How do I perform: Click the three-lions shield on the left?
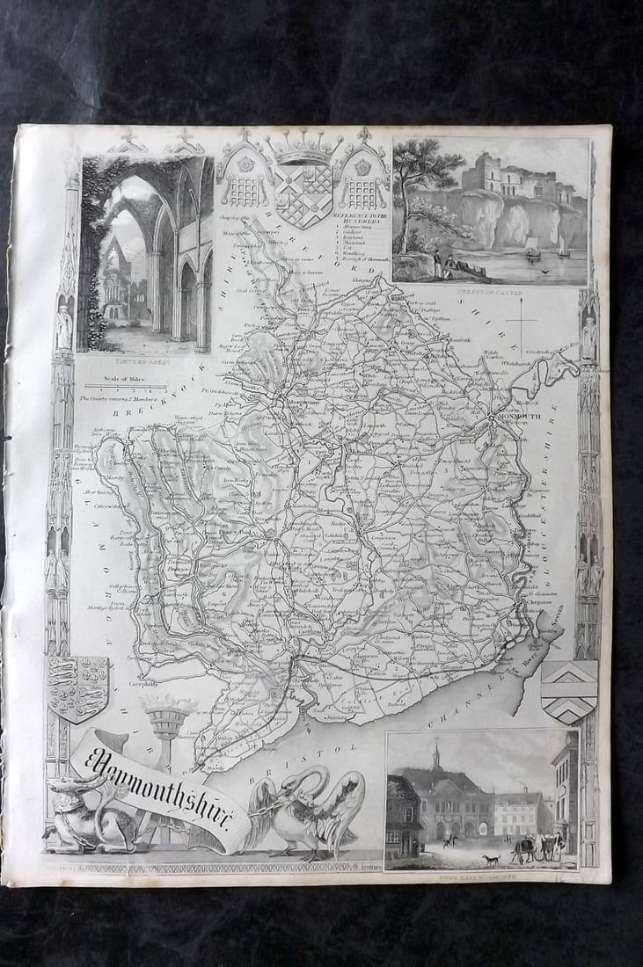point(77,687)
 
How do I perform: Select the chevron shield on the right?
point(568,691)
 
